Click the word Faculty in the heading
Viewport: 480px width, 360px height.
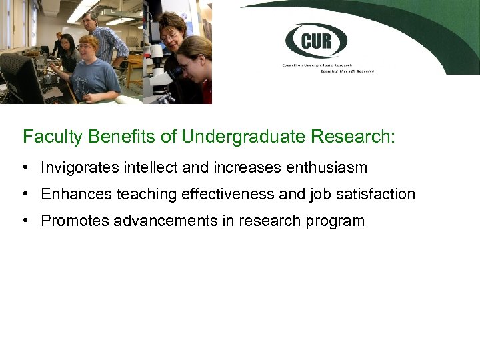(47, 137)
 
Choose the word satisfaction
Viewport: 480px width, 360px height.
(376, 194)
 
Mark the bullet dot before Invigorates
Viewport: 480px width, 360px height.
(25, 167)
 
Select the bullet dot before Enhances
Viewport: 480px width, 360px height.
(25, 194)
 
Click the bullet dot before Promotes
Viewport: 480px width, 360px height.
(25, 221)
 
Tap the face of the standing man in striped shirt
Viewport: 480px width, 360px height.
(90, 21)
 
